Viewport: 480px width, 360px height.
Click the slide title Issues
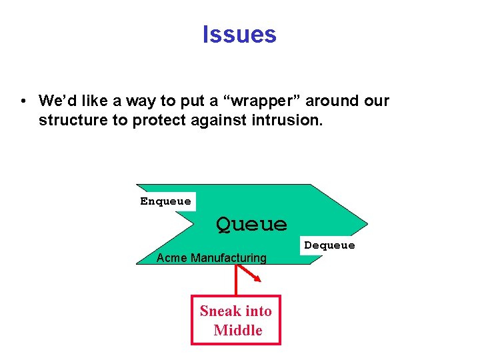pyautogui.click(x=239, y=34)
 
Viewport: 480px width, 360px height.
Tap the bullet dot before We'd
pyautogui.click(x=23, y=101)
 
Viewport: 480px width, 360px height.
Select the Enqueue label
pyautogui.click(x=165, y=201)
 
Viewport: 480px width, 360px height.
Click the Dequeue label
pyautogui.click(x=329, y=245)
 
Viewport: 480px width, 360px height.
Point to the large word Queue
pyautogui.click(x=251, y=224)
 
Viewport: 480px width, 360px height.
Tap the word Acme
pyautogui.click(x=171, y=258)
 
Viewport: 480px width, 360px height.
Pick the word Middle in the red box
pyautogui.click(x=238, y=330)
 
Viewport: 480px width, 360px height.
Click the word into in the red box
pyautogui.click(x=259, y=311)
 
